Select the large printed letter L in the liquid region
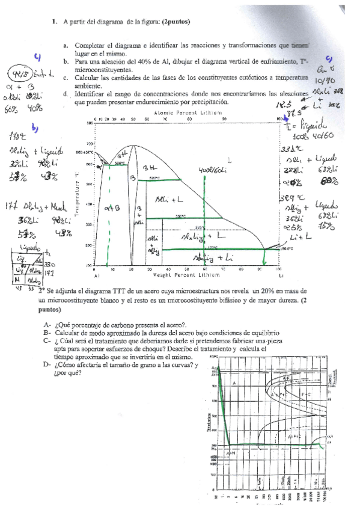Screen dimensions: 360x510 pyautogui.click(x=231, y=158)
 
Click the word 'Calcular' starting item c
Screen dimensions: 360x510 pyautogui.click(x=87, y=78)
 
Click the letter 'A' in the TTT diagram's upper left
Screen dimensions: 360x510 pyautogui.click(x=233, y=382)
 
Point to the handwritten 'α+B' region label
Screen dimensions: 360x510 pyautogui.click(x=114, y=209)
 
